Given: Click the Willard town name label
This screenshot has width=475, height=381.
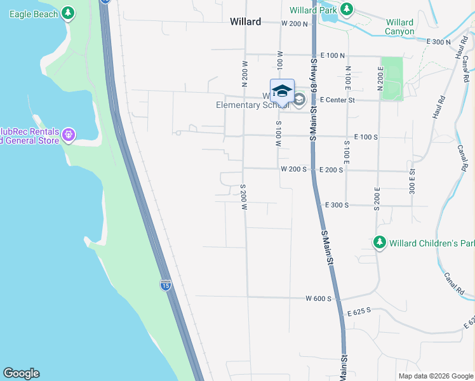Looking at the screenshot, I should click(x=245, y=22).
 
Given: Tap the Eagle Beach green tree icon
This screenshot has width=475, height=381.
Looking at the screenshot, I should click(x=68, y=13).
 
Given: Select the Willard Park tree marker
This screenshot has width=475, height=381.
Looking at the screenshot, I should click(x=346, y=10).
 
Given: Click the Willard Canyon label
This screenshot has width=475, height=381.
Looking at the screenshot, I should click(x=399, y=27).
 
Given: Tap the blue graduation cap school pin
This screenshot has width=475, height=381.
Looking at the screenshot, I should click(x=282, y=91).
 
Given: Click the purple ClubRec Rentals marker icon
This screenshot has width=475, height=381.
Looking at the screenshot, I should click(x=69, y=135).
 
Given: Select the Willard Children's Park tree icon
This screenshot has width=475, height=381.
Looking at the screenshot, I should click(x=380, y=243).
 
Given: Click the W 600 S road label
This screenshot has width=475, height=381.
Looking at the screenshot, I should click(x=318, y=298).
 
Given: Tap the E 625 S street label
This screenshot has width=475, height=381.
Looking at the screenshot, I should click(x=358, y=312).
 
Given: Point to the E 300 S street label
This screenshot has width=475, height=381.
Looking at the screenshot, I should click(x=338, y=205).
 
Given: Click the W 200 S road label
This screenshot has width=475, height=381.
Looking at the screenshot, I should click(x=294, y=170).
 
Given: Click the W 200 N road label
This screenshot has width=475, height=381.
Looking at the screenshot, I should click(x=294, y=23).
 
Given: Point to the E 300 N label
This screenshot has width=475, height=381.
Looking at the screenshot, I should click(x=439, y=41).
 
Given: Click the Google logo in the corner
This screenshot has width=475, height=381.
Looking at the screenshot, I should click(x=21, y=373).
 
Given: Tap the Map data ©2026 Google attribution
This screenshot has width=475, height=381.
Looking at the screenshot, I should click(x=436, y=376).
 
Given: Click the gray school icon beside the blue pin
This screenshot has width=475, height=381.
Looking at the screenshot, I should click(x=299, y=100).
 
